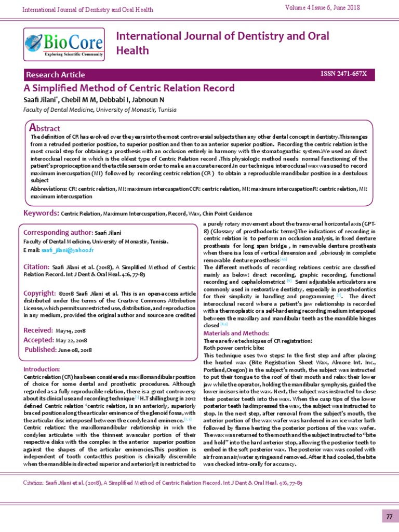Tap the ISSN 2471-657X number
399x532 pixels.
344,74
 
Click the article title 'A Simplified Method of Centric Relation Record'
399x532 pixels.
129,88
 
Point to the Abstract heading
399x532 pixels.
45,128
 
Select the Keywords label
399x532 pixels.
41,213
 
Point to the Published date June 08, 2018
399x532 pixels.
75,350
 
